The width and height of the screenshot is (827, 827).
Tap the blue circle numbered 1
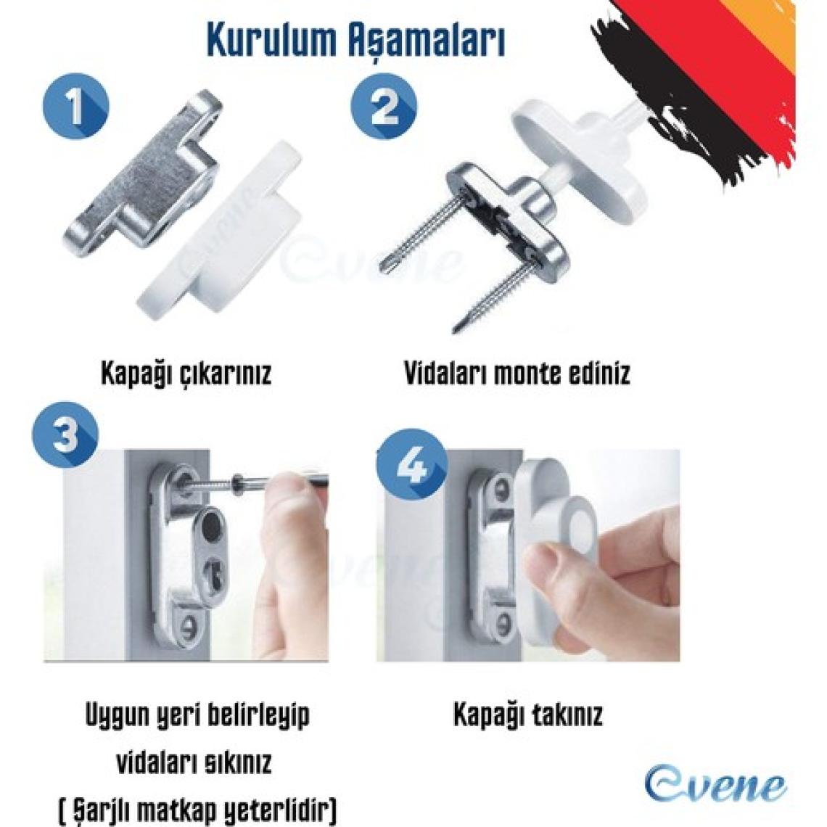coord(76,107)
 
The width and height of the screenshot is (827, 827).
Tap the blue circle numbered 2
coord(384,105)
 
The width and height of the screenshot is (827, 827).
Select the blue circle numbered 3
coord(65,435)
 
